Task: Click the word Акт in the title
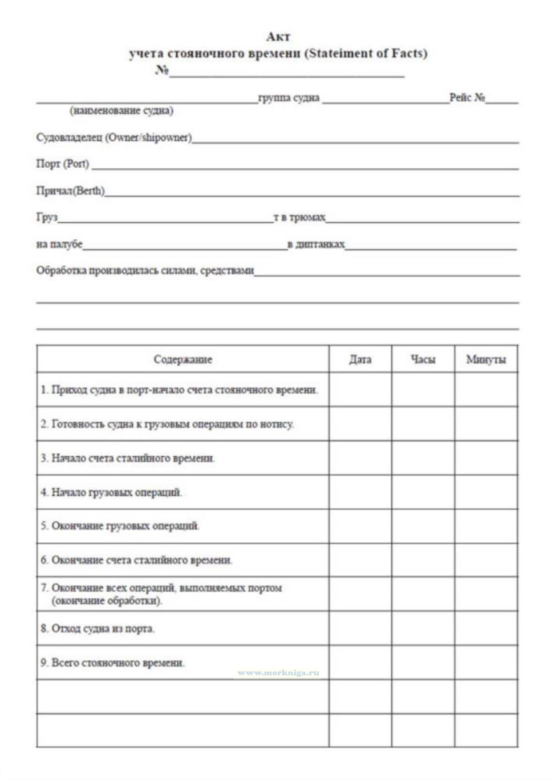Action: (x=278, y=37)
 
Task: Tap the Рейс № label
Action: (x=467, y=97)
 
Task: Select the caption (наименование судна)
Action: (x=121, y=110)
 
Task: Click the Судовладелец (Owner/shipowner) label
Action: (x=114, y=137)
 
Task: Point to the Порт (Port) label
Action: (x=63, y=164)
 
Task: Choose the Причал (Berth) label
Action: (x=70, y=191)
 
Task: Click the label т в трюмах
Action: (x=299, y=217)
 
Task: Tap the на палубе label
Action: (x=59, y=244)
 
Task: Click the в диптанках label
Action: (x=316, y=244)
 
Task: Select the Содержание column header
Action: (x=183, y=359)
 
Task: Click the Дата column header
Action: (x=360, y=359)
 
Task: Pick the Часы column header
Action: (x=423, y=359)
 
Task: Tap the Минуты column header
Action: (x=486, y=359)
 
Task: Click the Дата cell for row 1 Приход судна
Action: (x=360, y=390)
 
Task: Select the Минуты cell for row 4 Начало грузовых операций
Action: (x=486, y=492)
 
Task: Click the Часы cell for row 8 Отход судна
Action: (x=423, y=628)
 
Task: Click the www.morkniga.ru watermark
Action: (x=278, y=673)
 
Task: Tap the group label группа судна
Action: (x=289, y=97)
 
